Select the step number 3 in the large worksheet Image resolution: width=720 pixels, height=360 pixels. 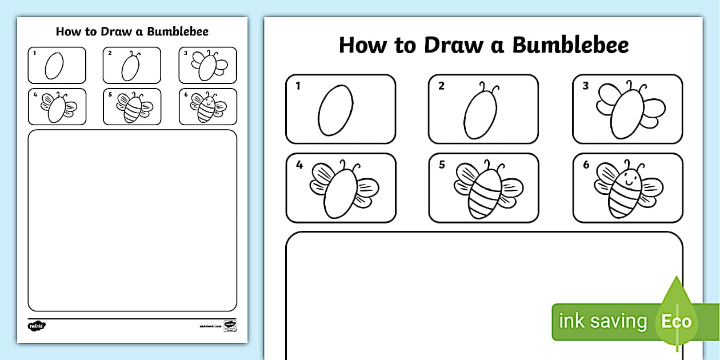(x=585, y=87)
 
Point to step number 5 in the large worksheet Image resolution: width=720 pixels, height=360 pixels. (x=442, y=165)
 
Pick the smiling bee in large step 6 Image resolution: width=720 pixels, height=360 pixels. (x=627, y=189)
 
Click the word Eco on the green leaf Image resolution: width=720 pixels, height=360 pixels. (x=677, y=321)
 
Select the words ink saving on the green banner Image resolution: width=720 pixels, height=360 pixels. (x=603, y=321)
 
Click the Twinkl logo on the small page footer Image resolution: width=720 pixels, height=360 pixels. (x=37, y=326)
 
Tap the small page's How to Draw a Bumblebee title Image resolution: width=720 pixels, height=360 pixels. (x=132, y=31)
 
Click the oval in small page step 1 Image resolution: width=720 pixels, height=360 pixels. (x=54, y=66)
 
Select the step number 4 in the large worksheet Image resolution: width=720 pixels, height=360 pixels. (x=299, y=165)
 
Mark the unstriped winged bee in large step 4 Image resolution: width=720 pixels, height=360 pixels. (x=341, y=190)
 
